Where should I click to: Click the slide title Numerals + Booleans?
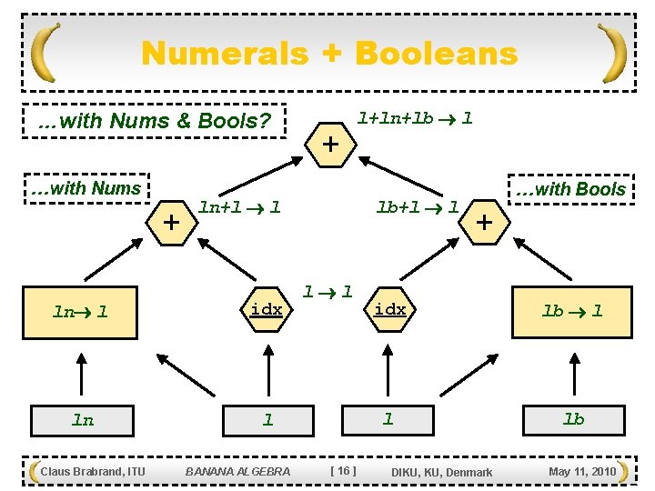pos(329,54)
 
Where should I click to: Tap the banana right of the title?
pos(613,52)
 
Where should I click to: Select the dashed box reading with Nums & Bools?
pos(153,120)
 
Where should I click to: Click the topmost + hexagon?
pos(331,145)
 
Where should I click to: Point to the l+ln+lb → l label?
pos(414,117)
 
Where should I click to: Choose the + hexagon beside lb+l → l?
pos(485,221)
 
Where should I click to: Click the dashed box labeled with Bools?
pos(569,189)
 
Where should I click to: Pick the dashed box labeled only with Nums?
pos(85,189)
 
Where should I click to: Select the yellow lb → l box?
pos(572,311)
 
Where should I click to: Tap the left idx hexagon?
pos(266,310)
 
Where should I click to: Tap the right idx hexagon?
pos(390,310)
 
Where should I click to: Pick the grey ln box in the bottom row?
pos(83,420)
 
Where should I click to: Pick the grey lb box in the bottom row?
pos(573,419)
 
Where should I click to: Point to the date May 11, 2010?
pos(582,471)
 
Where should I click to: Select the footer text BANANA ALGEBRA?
pos(237,471)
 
